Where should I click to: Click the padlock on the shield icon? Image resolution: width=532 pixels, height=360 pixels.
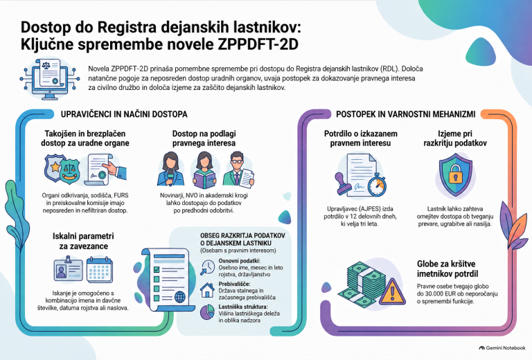pos(456,174)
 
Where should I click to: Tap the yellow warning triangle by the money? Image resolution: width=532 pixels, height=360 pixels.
pos(392,291)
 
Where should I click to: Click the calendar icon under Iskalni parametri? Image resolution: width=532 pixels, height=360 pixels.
pos(100,270)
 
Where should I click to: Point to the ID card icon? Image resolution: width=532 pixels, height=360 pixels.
pos(69,269)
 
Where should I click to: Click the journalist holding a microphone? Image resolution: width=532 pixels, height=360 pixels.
pos(170,169)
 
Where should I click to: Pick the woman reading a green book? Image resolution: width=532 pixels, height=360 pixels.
pos(204,170)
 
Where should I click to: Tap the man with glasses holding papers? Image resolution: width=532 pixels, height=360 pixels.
pos(238,170)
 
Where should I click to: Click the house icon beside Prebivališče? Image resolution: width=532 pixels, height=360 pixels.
pos(207,290)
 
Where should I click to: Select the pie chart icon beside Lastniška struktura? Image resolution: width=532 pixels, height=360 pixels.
pos(207,312)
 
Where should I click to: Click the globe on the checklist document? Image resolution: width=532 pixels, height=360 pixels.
pos(180,297)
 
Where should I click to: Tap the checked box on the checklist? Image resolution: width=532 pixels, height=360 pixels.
pos(157,269)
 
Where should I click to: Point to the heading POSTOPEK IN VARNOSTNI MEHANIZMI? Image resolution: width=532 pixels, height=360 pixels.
pos(405,114)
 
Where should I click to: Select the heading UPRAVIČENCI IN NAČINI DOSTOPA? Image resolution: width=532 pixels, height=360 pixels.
pos(124,114)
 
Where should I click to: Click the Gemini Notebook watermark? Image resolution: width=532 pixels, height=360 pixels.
pos(502,348)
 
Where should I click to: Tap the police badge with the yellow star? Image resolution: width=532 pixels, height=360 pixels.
pos(54,167)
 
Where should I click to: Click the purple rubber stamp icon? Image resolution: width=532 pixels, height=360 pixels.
pos(344,183)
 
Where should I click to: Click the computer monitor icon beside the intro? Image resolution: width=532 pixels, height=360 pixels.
pos(50,80)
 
